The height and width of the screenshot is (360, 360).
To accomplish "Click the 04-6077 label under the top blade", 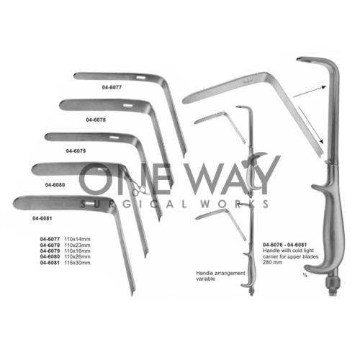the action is (112, 87).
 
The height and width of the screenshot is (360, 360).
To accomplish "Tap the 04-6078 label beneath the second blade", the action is (96, 120).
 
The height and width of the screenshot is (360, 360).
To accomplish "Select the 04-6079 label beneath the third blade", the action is (76, 151).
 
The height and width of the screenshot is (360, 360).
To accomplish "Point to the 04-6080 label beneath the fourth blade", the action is (55, 185).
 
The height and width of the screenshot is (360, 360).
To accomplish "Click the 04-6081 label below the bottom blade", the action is (42, 218).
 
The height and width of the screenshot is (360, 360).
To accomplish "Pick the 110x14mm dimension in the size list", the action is (77, 239).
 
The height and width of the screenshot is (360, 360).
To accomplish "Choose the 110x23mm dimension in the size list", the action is (77, 245).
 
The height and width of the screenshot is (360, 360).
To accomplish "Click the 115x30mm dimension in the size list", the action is (77, 263).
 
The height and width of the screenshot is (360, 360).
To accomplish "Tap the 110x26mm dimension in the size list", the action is (77, 256).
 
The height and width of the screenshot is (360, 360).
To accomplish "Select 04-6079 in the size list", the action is (50, 251).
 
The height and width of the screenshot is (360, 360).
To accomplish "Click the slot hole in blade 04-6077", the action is (140, 78).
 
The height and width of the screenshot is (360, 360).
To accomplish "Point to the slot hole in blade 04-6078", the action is (127, 105).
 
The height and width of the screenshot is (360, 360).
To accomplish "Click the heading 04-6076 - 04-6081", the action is (285, 245).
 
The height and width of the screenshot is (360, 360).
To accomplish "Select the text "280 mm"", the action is (272, 262).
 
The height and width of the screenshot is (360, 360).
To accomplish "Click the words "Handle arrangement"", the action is (220, 273).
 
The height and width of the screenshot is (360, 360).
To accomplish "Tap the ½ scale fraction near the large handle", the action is (305, 275).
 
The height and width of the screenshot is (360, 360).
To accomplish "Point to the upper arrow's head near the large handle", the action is (324, 87).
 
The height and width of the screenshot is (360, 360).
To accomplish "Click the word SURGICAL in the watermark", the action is (133, 204).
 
